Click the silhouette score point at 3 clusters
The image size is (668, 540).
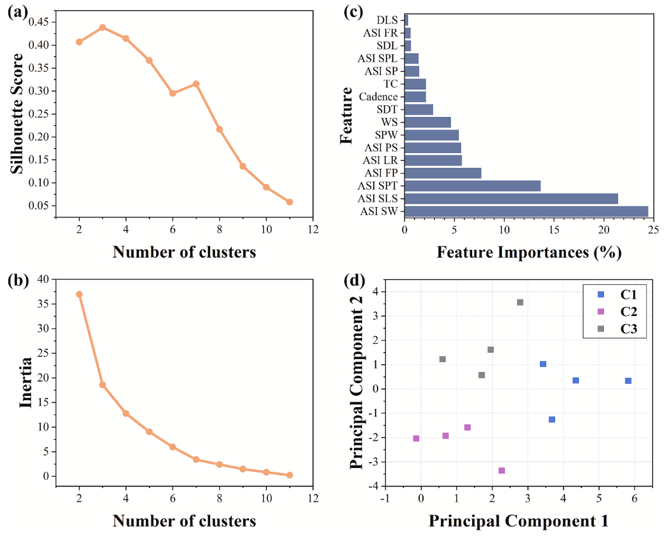(103, 28)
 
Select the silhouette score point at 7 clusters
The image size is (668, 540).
(196, 84)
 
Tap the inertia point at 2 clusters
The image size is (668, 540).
(79, 294)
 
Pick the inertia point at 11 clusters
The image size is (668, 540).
(290, 475)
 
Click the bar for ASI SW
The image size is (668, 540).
(526, 211)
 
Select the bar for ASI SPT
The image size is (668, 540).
(472, 186)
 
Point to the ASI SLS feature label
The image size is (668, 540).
(377, 199)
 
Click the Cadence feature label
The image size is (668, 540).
(378, 97)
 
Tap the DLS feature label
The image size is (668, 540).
(387, 20)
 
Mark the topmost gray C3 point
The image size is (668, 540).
(520, 302)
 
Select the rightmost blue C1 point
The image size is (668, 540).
(628, 381)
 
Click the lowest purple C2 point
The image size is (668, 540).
(502, 471)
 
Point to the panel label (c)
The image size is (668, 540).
(353, 12)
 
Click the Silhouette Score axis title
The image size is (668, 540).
(17, 113)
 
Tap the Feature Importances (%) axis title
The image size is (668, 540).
(529, 253)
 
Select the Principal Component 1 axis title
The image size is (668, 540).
(518, 521)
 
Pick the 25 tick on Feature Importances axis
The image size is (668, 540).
(654, 230)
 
